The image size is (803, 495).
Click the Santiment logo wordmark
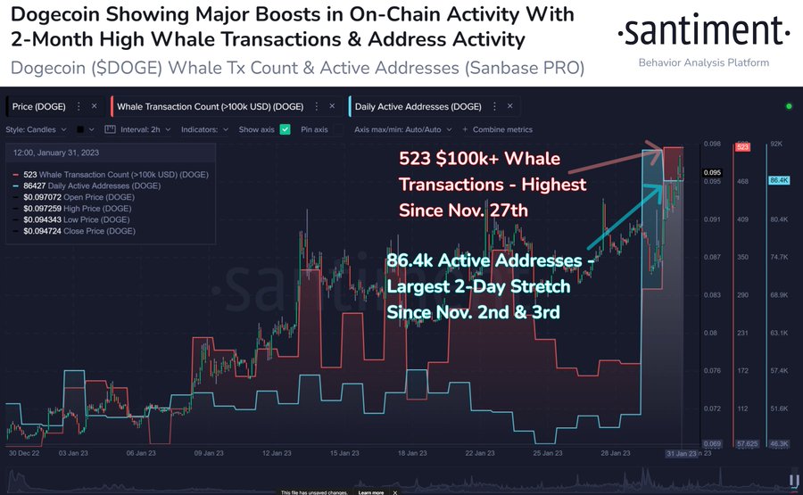pos(704,34)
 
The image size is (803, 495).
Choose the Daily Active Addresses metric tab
pos(419,107)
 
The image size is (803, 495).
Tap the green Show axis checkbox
pos(285,129)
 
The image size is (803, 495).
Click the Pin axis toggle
pos(313,129)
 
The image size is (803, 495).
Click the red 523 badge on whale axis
pos(741,146)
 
